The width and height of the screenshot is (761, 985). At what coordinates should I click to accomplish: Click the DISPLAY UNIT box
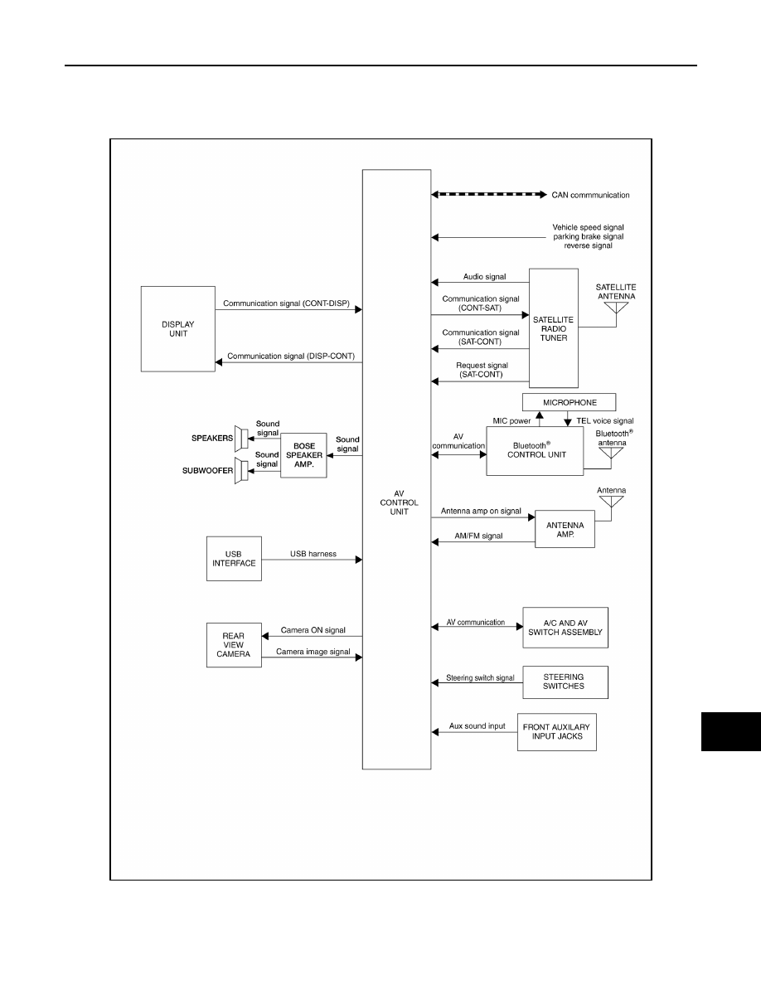click(x=177, y=329)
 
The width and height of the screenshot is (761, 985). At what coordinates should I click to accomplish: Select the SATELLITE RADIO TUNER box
click(x=553, y=328)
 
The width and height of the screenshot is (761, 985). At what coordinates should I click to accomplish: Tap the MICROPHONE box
click(x=569, y=402)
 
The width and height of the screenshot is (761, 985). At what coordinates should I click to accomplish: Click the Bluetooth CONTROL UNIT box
click(x=535, y=451)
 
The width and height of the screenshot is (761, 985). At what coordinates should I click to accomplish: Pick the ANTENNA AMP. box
click(x=565, y=529)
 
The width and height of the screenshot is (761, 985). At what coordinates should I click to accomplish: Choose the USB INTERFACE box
click(x=234, y=559)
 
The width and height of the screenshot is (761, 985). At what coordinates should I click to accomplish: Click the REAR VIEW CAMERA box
click(x=234, y=645)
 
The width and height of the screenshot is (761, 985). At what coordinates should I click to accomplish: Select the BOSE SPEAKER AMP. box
click(x=303, y=455)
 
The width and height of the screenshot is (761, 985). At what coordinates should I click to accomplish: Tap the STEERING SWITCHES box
click(x=565, y=682)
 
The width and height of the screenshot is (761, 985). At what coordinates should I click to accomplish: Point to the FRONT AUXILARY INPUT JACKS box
click(x=557, y=732)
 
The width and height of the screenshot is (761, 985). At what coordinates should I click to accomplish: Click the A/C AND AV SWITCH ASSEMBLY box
click(x=565, y=628)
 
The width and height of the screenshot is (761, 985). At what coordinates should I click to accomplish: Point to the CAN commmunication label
click(x=590, y=195)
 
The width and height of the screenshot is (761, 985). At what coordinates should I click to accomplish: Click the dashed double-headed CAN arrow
click(x=489, y=195)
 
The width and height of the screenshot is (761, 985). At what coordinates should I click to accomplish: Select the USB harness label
click(x=313, y=553)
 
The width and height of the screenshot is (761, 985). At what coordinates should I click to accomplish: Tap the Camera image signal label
click(x=313, y=652)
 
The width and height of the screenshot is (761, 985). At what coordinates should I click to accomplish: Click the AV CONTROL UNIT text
click(x=399, y=502)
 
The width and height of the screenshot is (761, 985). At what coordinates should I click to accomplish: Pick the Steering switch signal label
click(x=480, y=678)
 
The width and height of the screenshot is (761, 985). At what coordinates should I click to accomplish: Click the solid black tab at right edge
click(x=731, y=732)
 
